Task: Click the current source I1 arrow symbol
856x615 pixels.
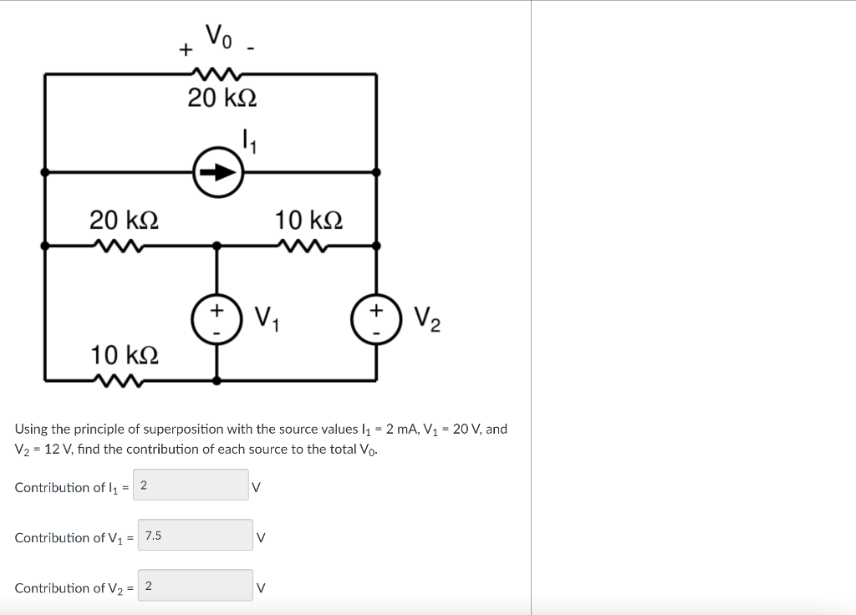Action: point(217,172)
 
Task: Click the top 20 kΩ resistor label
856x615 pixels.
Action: point(222,99)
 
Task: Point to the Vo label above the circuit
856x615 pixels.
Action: point(220,36)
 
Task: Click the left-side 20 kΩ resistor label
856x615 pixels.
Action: point(125,221)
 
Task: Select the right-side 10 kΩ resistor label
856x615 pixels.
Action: point(308,221)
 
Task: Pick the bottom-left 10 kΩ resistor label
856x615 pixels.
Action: point(125,354)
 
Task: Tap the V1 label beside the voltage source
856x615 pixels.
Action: point(266,318)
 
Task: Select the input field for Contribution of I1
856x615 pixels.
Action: point(191,485)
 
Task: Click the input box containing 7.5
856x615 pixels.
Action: point(195,536)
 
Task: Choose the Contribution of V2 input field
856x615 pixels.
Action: point(195,586)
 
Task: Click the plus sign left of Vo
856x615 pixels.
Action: point(184,49)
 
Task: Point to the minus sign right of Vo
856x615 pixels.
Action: point(251,49)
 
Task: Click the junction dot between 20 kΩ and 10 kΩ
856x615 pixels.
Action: point(217,246)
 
